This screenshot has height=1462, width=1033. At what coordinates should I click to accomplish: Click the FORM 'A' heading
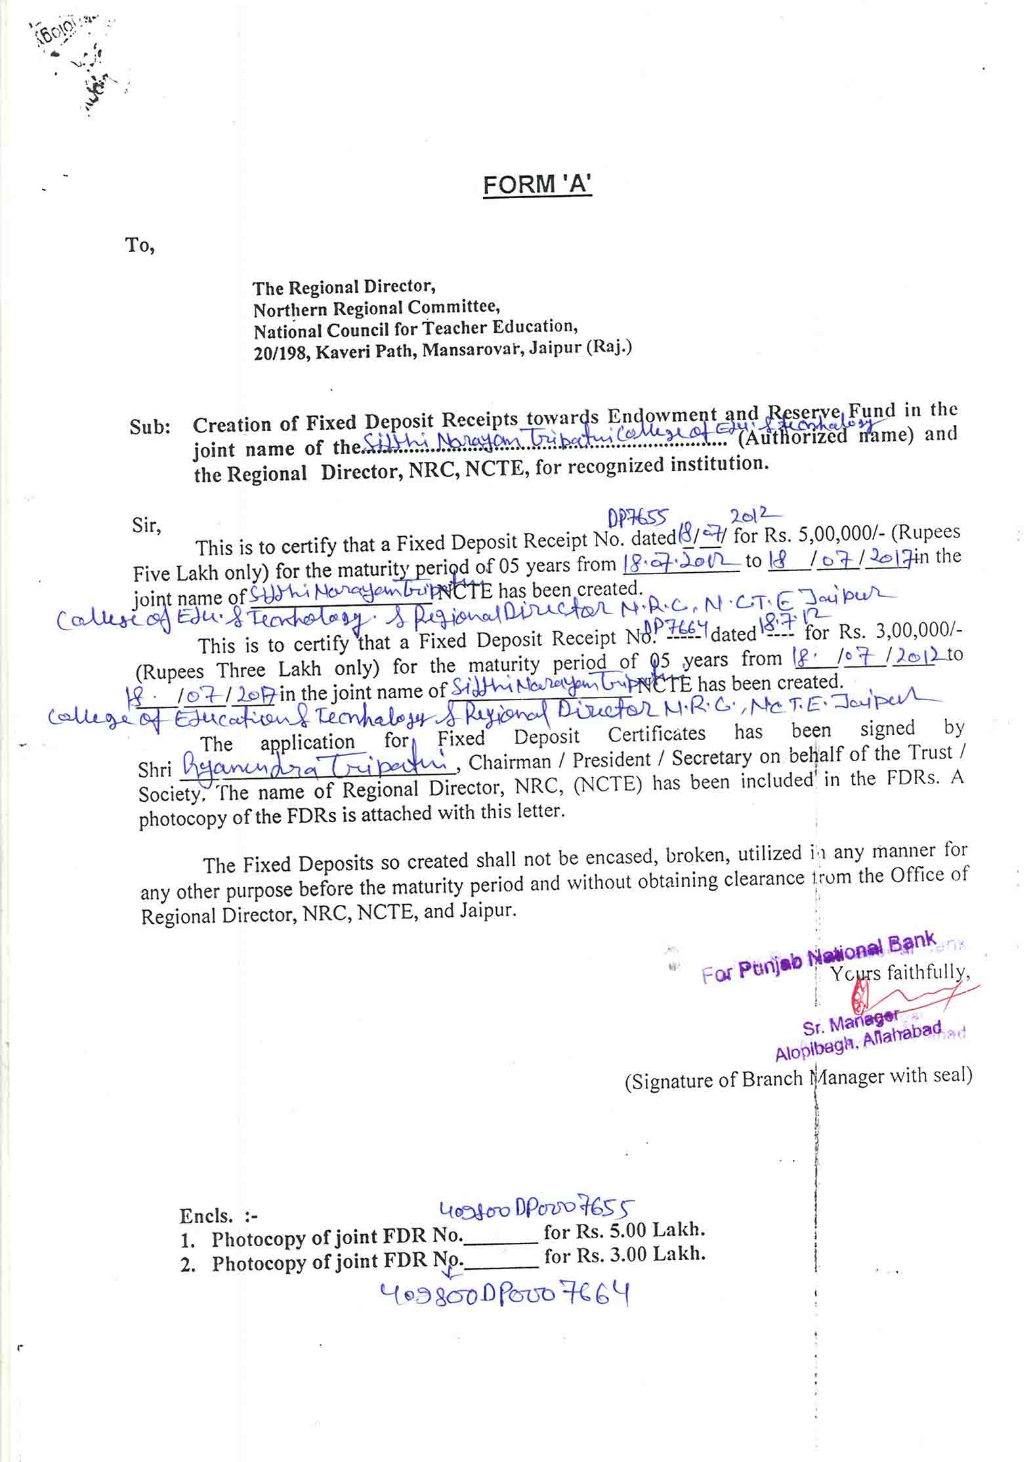pos(537,184)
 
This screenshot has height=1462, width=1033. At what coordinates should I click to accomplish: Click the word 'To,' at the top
pos(140,245)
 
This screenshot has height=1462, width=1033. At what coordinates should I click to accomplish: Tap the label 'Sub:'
pos(150,427)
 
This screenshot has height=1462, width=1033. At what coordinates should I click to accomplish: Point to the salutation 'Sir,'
pos(146,526)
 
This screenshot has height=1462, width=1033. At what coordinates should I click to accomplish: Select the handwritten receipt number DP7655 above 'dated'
pos(637,519)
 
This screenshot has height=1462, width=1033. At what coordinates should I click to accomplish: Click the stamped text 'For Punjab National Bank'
pos(818,955)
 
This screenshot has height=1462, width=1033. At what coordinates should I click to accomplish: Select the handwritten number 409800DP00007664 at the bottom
pos(505,1295)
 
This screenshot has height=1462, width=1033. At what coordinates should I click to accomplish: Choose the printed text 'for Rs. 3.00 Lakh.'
pos(624,1255)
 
